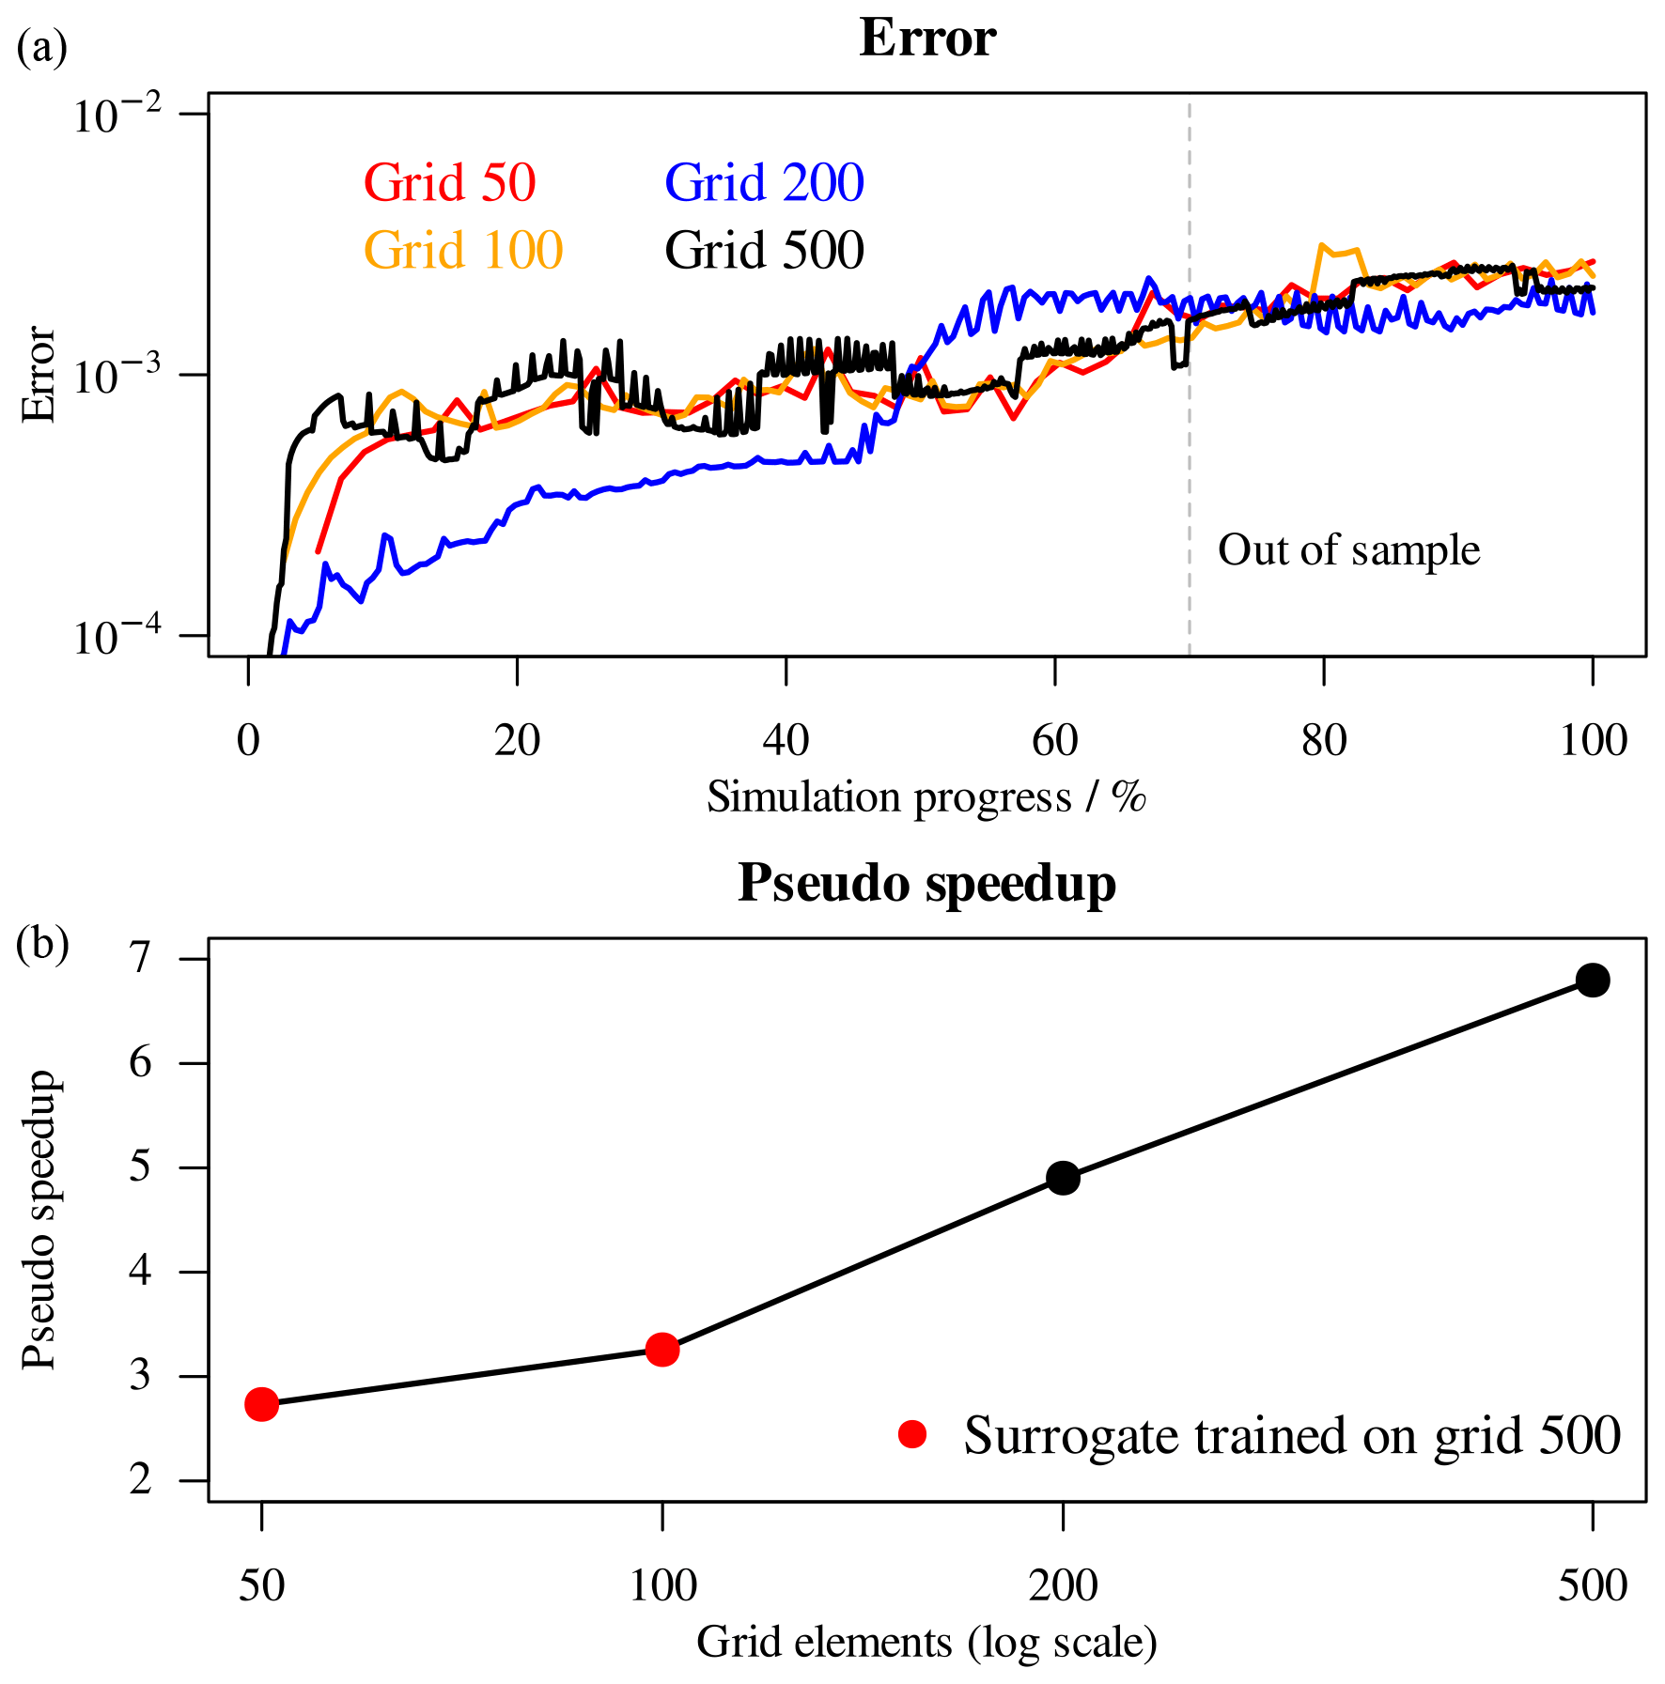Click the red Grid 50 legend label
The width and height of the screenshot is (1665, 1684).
449,182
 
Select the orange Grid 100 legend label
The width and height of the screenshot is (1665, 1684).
462,250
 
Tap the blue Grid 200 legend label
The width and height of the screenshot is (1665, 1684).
764,182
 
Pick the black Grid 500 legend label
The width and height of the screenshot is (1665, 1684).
764,250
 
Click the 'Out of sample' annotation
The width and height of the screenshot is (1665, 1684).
1348,550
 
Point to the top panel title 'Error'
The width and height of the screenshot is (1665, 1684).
926,39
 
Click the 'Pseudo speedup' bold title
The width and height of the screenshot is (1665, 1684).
926,883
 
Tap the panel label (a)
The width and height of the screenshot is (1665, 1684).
42,47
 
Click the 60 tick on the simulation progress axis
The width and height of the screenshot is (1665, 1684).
1054,741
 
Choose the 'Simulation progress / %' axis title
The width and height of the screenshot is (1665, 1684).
926,797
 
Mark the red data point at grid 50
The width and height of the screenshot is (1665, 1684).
261,1404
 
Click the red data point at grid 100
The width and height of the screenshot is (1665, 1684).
662,1350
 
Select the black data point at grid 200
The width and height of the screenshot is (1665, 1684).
1063,1178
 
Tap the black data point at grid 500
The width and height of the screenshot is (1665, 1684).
1593,981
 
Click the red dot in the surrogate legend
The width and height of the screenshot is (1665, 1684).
911,1434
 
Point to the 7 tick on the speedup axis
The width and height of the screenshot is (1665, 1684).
141,959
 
